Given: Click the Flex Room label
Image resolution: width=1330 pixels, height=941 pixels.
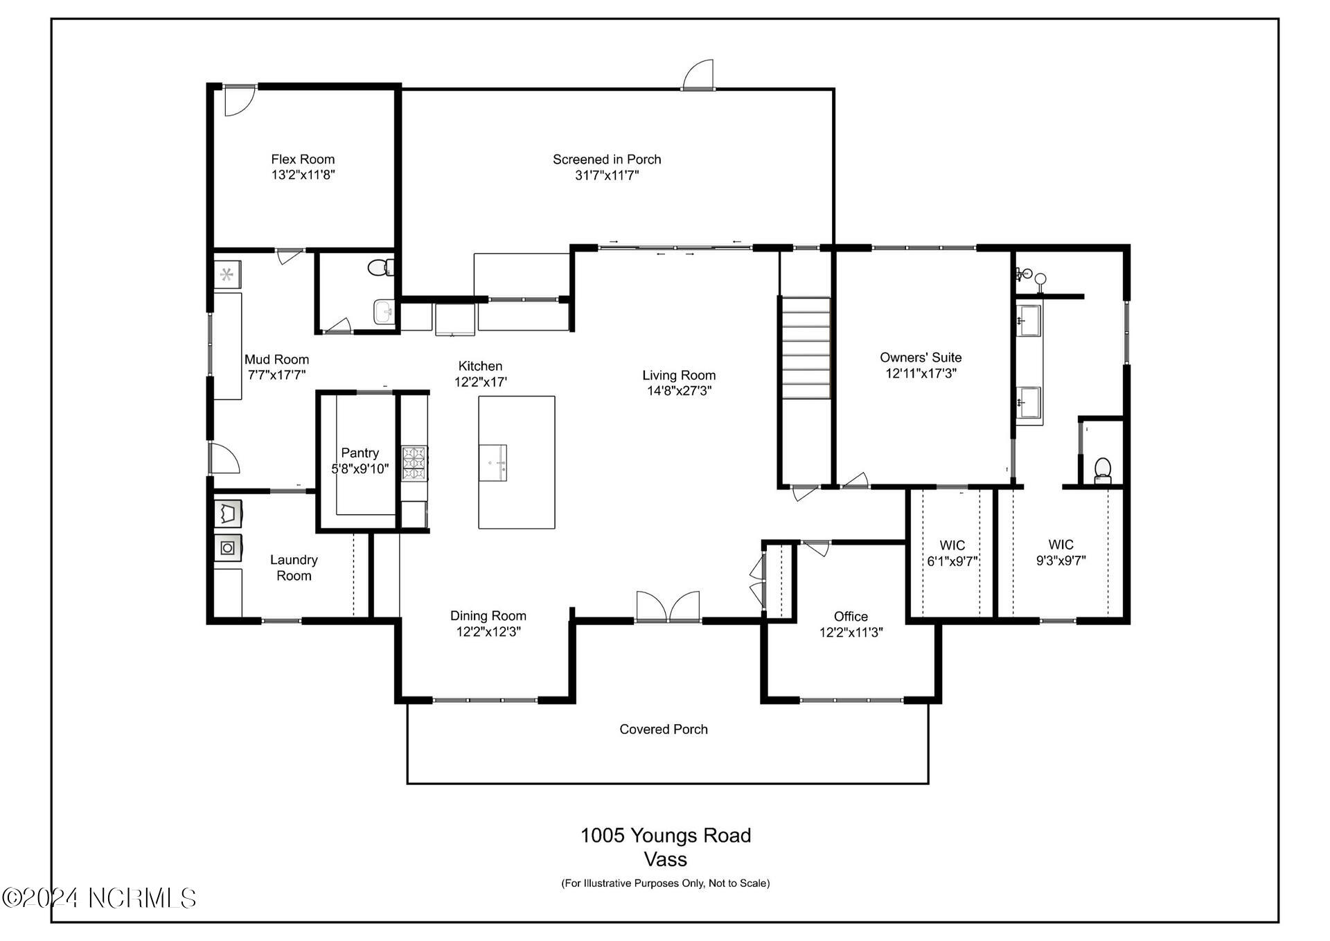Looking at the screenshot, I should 303,159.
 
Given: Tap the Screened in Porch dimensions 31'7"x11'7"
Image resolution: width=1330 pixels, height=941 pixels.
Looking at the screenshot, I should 607,175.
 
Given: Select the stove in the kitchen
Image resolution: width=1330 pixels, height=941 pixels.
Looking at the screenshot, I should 414,464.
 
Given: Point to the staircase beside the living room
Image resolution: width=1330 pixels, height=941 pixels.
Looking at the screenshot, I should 806,348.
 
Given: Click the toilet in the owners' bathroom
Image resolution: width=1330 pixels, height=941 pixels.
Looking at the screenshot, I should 1102,470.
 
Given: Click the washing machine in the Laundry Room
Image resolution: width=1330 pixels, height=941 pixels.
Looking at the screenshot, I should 228,548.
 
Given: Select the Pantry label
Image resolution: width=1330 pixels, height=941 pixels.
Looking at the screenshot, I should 360,453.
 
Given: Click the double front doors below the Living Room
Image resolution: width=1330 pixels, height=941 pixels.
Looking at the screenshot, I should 668,607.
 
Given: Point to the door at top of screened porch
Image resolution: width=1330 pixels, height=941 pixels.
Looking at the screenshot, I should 698,75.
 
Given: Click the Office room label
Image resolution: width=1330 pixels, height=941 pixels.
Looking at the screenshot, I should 851,617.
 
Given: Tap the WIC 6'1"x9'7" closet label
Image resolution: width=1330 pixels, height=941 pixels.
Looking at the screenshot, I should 952,553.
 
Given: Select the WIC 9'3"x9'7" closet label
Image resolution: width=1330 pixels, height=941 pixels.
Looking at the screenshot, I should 1061,553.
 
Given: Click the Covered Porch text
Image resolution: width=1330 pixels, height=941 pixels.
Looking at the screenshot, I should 664,729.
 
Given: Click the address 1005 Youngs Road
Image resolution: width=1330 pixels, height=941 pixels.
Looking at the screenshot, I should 665,836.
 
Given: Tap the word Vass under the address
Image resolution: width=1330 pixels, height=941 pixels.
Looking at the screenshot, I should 665,860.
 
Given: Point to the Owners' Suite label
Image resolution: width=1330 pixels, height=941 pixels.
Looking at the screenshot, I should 921,358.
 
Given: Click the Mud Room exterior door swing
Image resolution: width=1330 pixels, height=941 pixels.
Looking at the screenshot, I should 224,458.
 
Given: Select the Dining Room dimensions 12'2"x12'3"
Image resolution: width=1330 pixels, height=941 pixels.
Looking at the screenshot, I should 488,632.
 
